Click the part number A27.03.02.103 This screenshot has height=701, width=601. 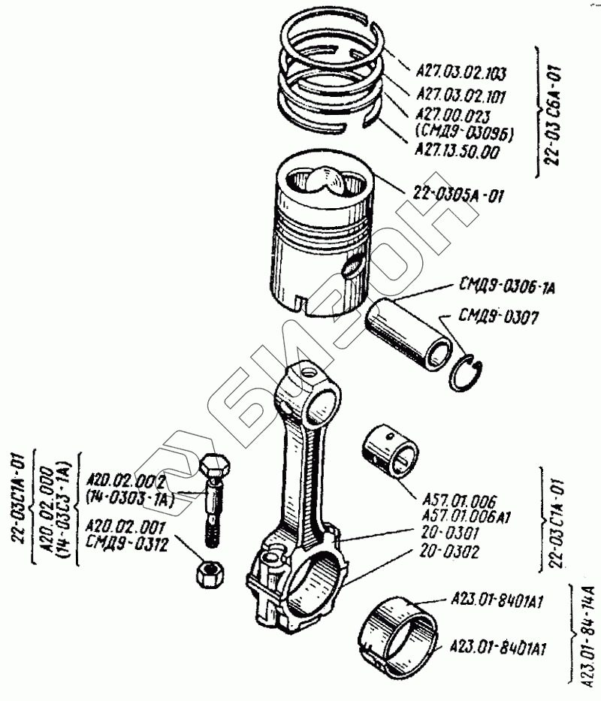(460, 74)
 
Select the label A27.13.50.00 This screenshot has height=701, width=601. (456, 151)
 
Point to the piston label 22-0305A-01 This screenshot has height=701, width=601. (458, 197)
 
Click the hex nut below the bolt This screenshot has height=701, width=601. (207, 574)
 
